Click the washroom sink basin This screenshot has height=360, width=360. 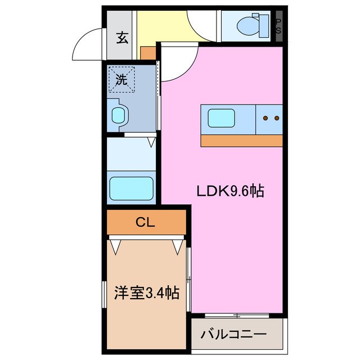click(120, 116)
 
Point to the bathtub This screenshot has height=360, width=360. click(132, 186)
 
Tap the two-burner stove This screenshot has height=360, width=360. click(271, 118)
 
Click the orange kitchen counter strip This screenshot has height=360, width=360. click(241, 141)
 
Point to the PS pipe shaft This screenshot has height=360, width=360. click(278, 25)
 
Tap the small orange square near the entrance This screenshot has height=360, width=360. click(148, 53)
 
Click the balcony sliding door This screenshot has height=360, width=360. click(236, 315)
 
